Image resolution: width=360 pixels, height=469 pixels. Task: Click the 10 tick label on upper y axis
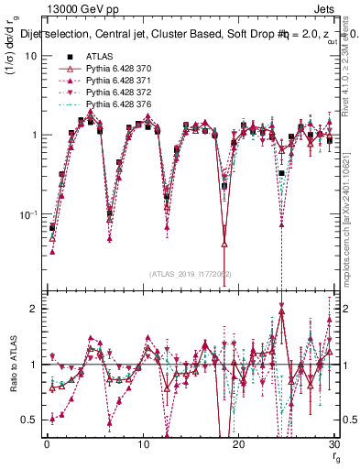click(x=30, y=55)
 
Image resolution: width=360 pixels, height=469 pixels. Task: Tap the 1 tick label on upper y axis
click(x=33, y=135)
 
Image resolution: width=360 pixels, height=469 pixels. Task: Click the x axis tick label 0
click(x=46, y=444)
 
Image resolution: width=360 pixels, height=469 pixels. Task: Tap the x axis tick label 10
click(x=142, y=444)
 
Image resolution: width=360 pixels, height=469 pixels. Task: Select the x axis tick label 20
click(x=237, y=444)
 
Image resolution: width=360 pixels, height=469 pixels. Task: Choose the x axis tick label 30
click(x=333, y=444)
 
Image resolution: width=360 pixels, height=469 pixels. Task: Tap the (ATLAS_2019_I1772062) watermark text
click(x=190, y=274)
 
